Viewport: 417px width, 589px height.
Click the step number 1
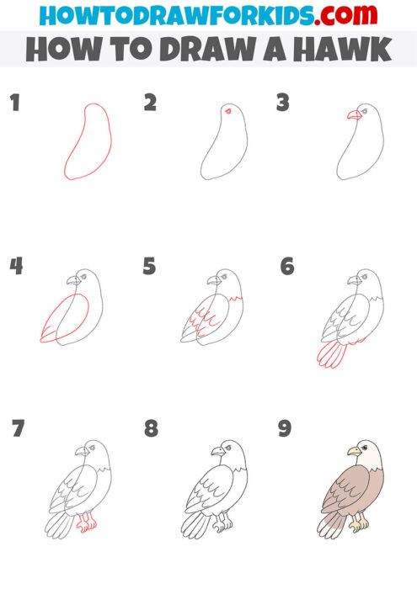click(x=14, y=104)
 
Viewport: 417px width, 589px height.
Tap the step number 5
click(x=150, y=268)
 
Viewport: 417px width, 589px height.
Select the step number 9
click(x=285, y=429)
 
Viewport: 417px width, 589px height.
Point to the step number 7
click(x=18, y=429)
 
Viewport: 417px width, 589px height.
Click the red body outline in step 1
click(x=66, y=160)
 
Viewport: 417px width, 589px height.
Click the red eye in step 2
click(x=226, y=111)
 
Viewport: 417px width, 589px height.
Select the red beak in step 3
click(x=354, y=114)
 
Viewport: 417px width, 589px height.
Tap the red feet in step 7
click(x=84, y=524)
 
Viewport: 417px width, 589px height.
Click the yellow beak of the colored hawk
click(x=355, y=452)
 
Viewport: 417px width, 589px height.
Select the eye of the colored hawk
click(x=364, y=447)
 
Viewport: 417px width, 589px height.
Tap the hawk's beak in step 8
click(x=217, y=452)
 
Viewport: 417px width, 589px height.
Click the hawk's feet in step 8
click(x=222, y=524)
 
